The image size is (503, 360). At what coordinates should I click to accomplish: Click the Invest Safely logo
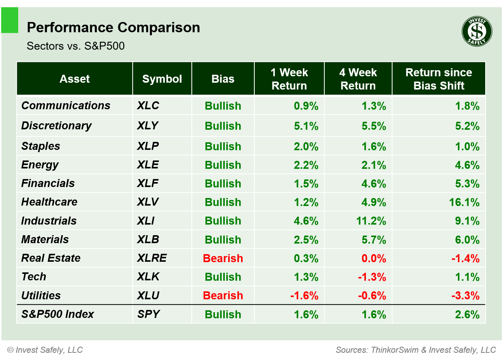[x=477, y=31]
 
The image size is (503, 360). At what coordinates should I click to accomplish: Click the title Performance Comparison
[x=113, y=28]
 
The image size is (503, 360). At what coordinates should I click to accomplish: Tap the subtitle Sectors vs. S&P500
[x=75, y=46]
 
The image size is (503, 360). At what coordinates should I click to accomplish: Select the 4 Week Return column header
[x=358, y=79]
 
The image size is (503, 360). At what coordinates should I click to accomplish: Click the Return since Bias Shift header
[x=439, y=79]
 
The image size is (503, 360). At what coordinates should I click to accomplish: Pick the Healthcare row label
[x=49, y=202]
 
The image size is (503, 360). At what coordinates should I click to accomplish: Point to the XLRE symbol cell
[x=152, y=258]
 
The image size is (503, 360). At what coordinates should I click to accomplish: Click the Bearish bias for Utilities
[x=223, y=296]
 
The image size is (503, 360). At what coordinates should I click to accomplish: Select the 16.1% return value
[x=464, y=202]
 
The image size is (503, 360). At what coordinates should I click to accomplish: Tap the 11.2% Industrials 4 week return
[x=371, y=221]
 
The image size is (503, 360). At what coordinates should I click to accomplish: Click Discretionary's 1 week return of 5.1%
[x=306, y=126]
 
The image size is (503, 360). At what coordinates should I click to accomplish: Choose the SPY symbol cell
[x=148, y=314]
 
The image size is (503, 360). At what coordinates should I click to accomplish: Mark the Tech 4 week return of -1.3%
[x=372, y=277]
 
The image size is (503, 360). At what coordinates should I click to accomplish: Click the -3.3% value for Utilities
[x=465, y=296]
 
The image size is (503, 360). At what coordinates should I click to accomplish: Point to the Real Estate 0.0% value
[x=373, y=258]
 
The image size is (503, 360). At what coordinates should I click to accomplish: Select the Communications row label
[x=66, y=105]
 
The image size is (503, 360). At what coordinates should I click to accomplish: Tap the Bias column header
[x=223, y=79]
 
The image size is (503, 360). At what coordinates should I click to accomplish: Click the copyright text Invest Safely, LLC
[x=45, y=350]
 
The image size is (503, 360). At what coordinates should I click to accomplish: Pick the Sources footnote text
[x=415, y=350]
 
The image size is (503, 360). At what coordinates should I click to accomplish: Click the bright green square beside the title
[x=9, y=20]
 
